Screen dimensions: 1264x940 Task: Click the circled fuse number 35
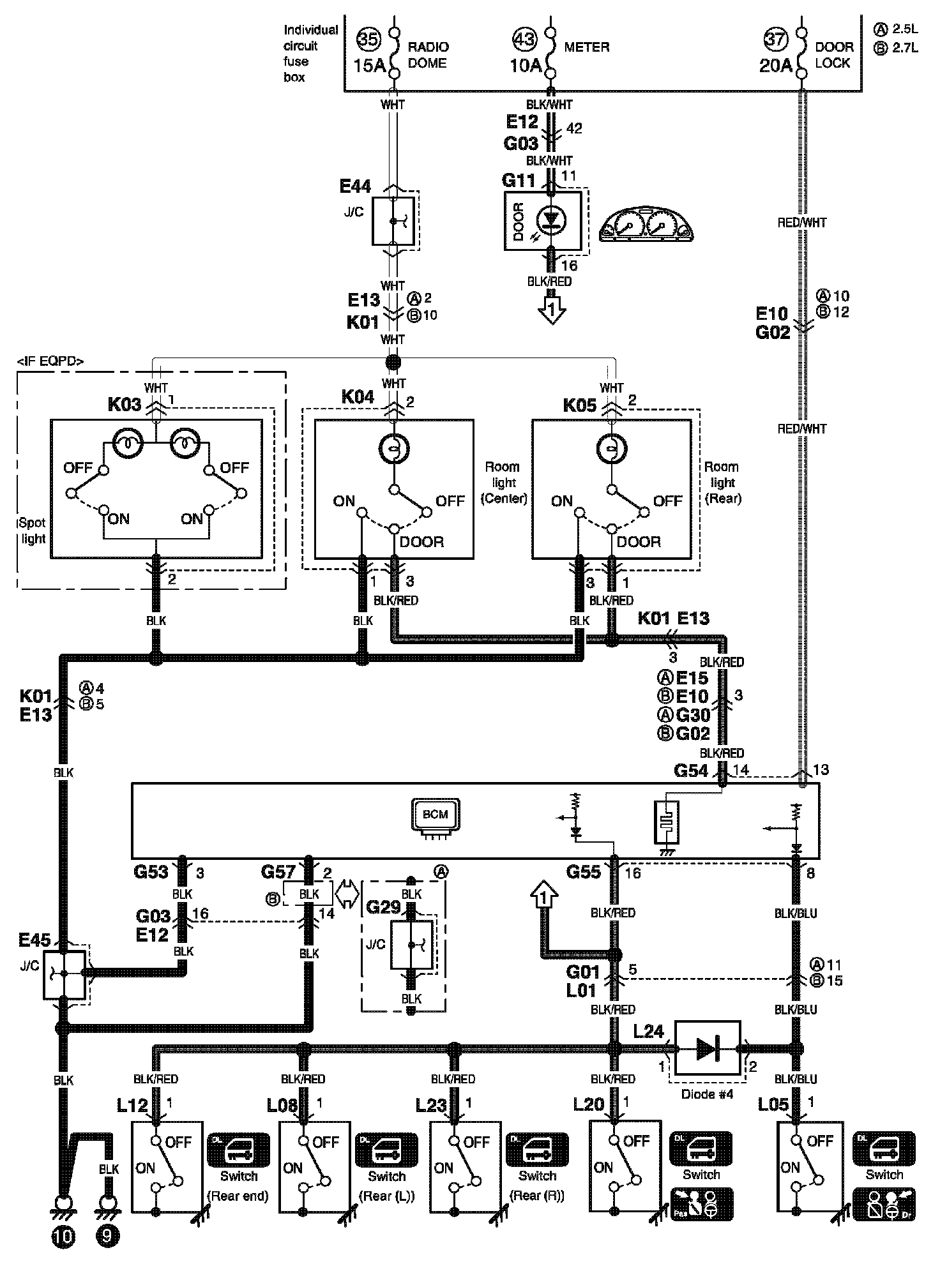tap(367, 40)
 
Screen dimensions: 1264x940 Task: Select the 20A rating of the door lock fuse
tap(775, 65)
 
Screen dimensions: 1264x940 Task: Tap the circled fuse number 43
tap(526, 40)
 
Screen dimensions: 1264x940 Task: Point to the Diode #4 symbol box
tap(708, 1048)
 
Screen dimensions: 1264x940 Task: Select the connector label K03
tap(124, 405)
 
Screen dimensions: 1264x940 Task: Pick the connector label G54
tap(691, 771)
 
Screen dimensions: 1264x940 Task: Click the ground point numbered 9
tap(107, 1237)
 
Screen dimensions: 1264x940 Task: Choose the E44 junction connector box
tap(393, 221)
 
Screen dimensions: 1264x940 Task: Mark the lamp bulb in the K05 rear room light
tap(611, 449)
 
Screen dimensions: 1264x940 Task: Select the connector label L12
tap(132, 1105)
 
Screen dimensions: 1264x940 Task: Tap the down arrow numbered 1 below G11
tap(551, 309)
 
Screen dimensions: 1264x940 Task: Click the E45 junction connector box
tap(64, 975)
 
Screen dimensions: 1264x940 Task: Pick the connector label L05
tap(773, 1105)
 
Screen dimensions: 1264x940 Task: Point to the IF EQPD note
tap(50, 361)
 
